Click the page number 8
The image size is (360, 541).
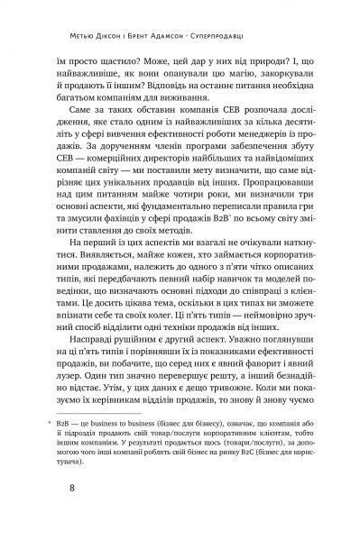click(60, 490)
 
